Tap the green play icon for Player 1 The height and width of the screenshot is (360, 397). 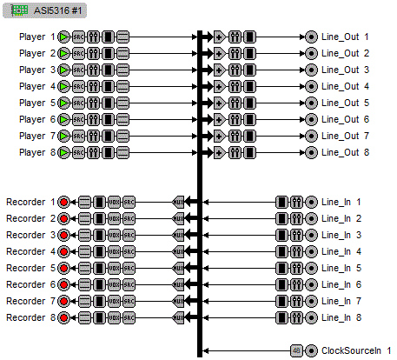click(63, 37)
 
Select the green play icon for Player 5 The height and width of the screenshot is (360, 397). click(63, 103)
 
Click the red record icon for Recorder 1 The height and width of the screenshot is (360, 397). click(63, 202)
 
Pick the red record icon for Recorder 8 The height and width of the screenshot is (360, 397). click(63, 317)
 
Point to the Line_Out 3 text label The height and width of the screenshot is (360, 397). click(345, 70)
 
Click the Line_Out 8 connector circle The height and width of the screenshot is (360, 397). click(311, 153)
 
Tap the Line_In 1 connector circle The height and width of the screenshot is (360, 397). click(311, 202)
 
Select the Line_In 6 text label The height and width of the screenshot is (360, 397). click(341, 284)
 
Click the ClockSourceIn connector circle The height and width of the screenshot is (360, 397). click(311, 350)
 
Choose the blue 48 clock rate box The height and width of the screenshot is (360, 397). click(296, 350)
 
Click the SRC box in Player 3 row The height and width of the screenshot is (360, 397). click(78, 70)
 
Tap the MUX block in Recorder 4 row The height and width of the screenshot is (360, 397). click(179, 251)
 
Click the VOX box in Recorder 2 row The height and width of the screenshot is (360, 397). click(114, 218)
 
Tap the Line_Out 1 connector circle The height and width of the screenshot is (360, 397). click(311, 37)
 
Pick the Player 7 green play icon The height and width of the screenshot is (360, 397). click(63, 137)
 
